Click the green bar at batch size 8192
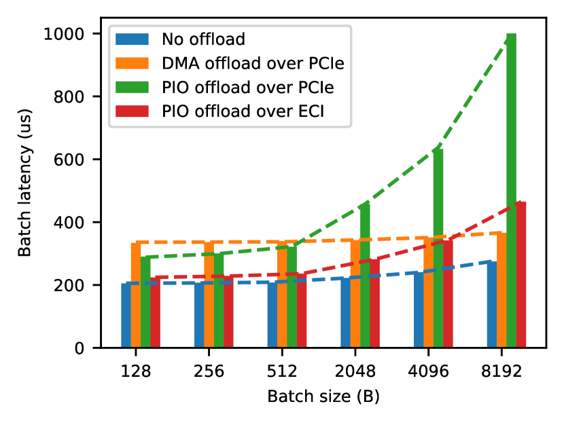coord(511,190)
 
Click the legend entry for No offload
coord(194,38)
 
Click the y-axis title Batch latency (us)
coord(25,191)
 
